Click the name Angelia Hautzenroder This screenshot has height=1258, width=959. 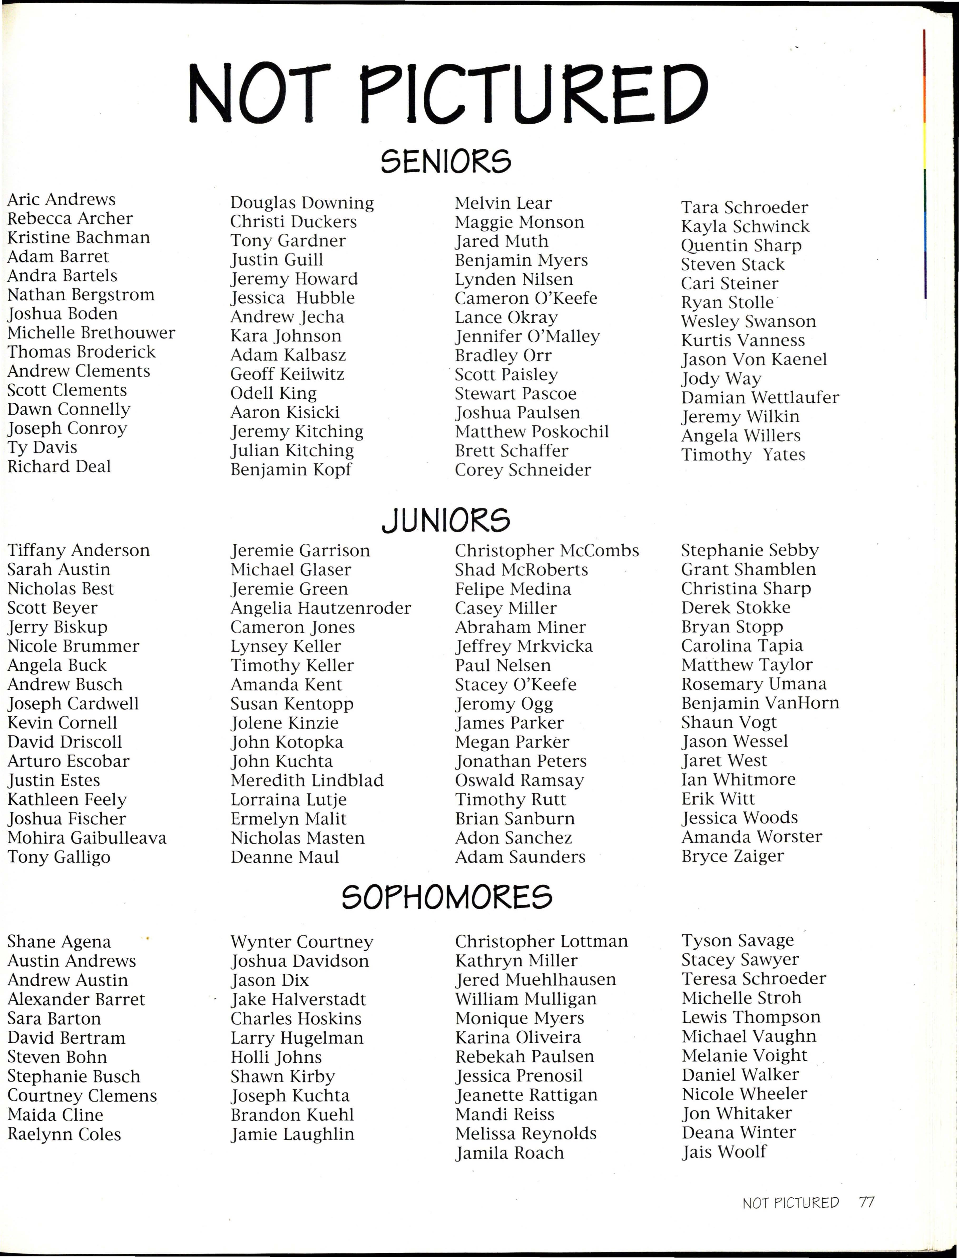[320, 608]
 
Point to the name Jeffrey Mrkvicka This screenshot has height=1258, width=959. [523, 646]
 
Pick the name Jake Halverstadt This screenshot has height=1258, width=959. [298, 1000]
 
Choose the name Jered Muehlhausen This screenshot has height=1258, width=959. [535, 980]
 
